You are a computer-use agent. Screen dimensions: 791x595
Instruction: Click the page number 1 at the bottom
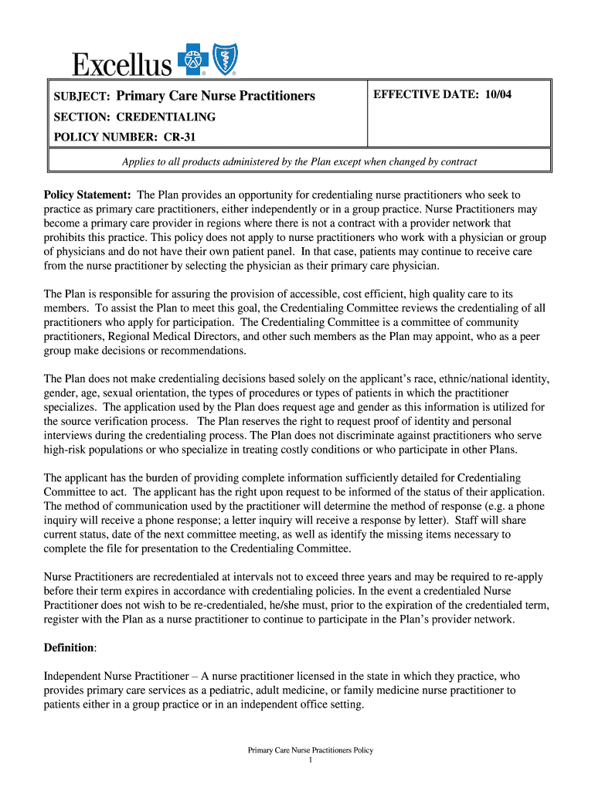tap(309, 760)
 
